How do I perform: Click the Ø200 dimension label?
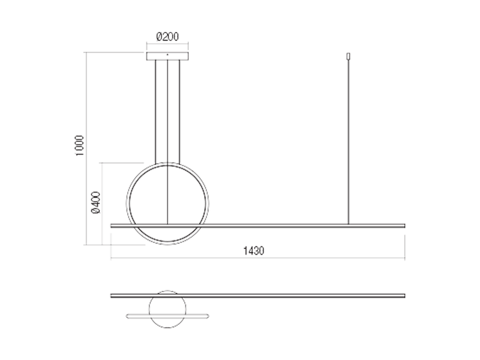(168, 36)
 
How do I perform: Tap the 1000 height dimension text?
(79, 145)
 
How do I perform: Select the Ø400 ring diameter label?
(95, 202)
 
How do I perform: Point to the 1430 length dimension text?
(253, 251)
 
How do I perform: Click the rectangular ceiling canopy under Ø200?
(168, 56)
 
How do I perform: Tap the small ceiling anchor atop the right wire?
(348, 56)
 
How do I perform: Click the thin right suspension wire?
(348, 142)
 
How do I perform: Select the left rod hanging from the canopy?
(156, 112)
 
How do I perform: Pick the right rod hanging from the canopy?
(179, 112)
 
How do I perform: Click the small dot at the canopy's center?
(168, 54)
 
